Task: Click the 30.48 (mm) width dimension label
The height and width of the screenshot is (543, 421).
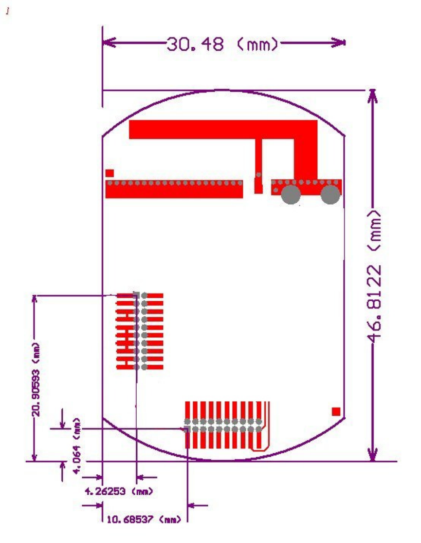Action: pyautogui.click(x=222, y=44)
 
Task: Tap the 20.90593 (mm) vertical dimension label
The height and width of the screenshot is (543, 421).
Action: pyautogui.click(x=36, y=379)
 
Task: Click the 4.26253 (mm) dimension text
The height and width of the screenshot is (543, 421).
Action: pyautogui.click(x=119, y=491)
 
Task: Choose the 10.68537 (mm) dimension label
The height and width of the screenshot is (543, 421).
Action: pyautogui.click(x=144, y=520)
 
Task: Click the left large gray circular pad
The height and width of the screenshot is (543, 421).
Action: pyautogui.click(x=291, y=194)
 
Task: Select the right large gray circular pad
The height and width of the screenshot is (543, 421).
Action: pyautogui.click(x=330, y=194)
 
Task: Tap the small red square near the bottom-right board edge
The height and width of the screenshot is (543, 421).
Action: pyautogui.click(x=336, y=411)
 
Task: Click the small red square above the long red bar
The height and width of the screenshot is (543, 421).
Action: pyautogui.click(x=110, y=173)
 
